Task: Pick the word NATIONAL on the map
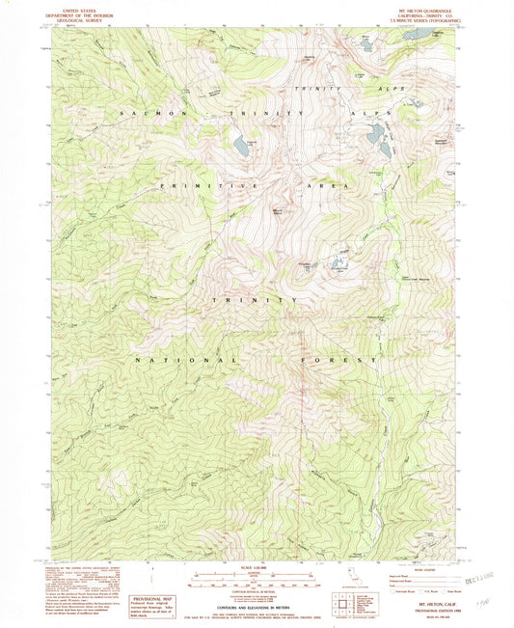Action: pos(190,360)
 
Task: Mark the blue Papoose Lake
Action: pos(240,147)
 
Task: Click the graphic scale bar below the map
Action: pos(257,582)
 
